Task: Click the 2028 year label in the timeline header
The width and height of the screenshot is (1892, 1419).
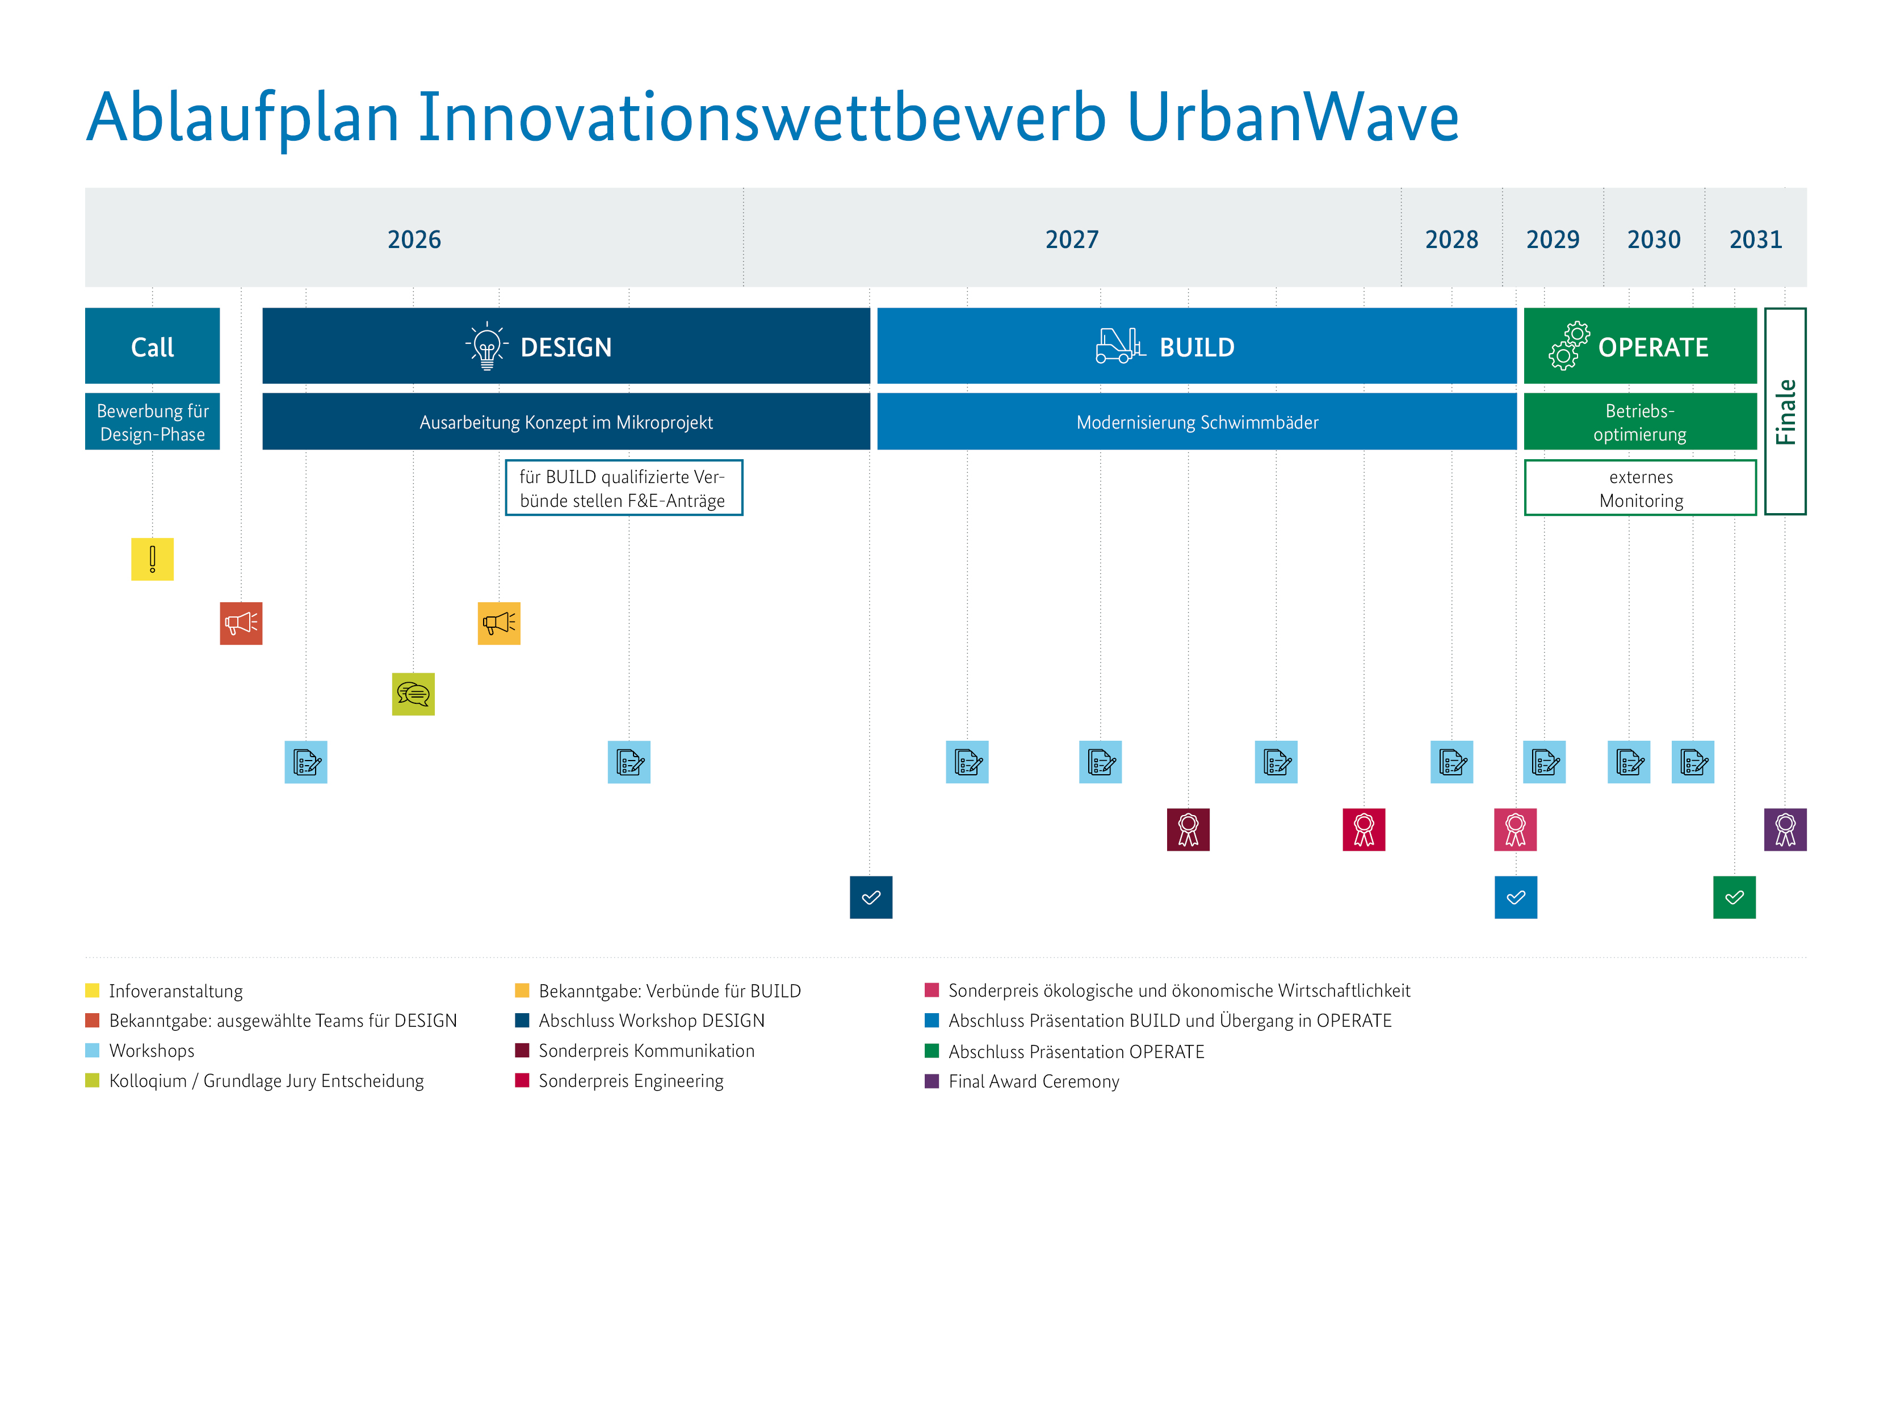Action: tap(1451, 240)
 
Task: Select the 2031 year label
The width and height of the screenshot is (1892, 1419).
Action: tap(1755, 240)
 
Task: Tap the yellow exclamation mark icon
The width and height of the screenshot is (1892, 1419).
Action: tap(152, 560)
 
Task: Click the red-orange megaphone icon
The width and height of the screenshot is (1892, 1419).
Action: tap(241, 624)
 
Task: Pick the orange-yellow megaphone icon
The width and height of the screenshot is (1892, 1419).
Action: tap(498, 624)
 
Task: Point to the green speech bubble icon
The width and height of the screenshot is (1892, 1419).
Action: tap(413, 694)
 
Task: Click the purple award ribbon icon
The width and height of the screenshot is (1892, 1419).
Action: tap(1785, 830)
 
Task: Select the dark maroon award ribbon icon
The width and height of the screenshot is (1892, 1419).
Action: tap(1188, 830)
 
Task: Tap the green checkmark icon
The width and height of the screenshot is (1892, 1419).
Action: tap(1734, 897)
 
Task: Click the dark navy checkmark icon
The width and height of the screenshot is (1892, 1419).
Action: tap(871, 897)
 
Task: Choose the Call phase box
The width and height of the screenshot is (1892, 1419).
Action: tap(152, 346)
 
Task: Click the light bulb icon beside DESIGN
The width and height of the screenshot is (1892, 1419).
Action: tap(486, 346)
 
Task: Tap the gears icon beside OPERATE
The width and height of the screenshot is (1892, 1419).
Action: tap(1568, 346)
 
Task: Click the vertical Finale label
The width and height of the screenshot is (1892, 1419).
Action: tap(1785, 412)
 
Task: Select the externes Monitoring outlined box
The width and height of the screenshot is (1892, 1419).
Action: tap(1639, 488)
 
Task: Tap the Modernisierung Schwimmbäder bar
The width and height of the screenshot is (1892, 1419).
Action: tap(1197, 422)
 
